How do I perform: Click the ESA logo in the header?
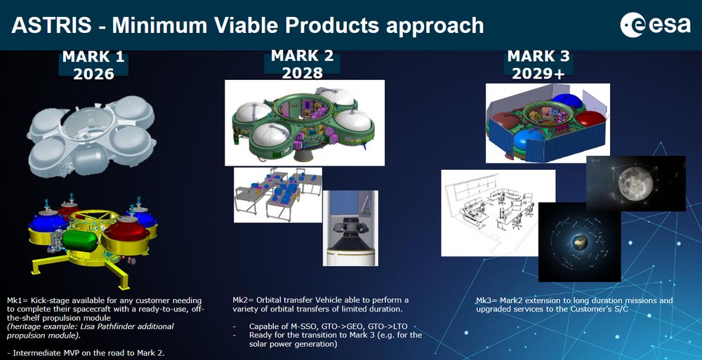pyautogui.click(x=656, y=25)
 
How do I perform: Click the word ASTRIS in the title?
pyautogui.click(x=51, y=25)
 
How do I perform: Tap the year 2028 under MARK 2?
pyautogui.click(x=302, y=72)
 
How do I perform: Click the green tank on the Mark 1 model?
pyautogui.click(x=80, y=241)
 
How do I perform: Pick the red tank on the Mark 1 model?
pyautogui.click(x=126, y=229)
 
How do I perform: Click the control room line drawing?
pyautogui.click(x=498, y=213)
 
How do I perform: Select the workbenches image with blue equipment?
pyautogui.click(x=277, y=195)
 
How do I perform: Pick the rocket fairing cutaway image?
pyautogui.click(x=350, y=228)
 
